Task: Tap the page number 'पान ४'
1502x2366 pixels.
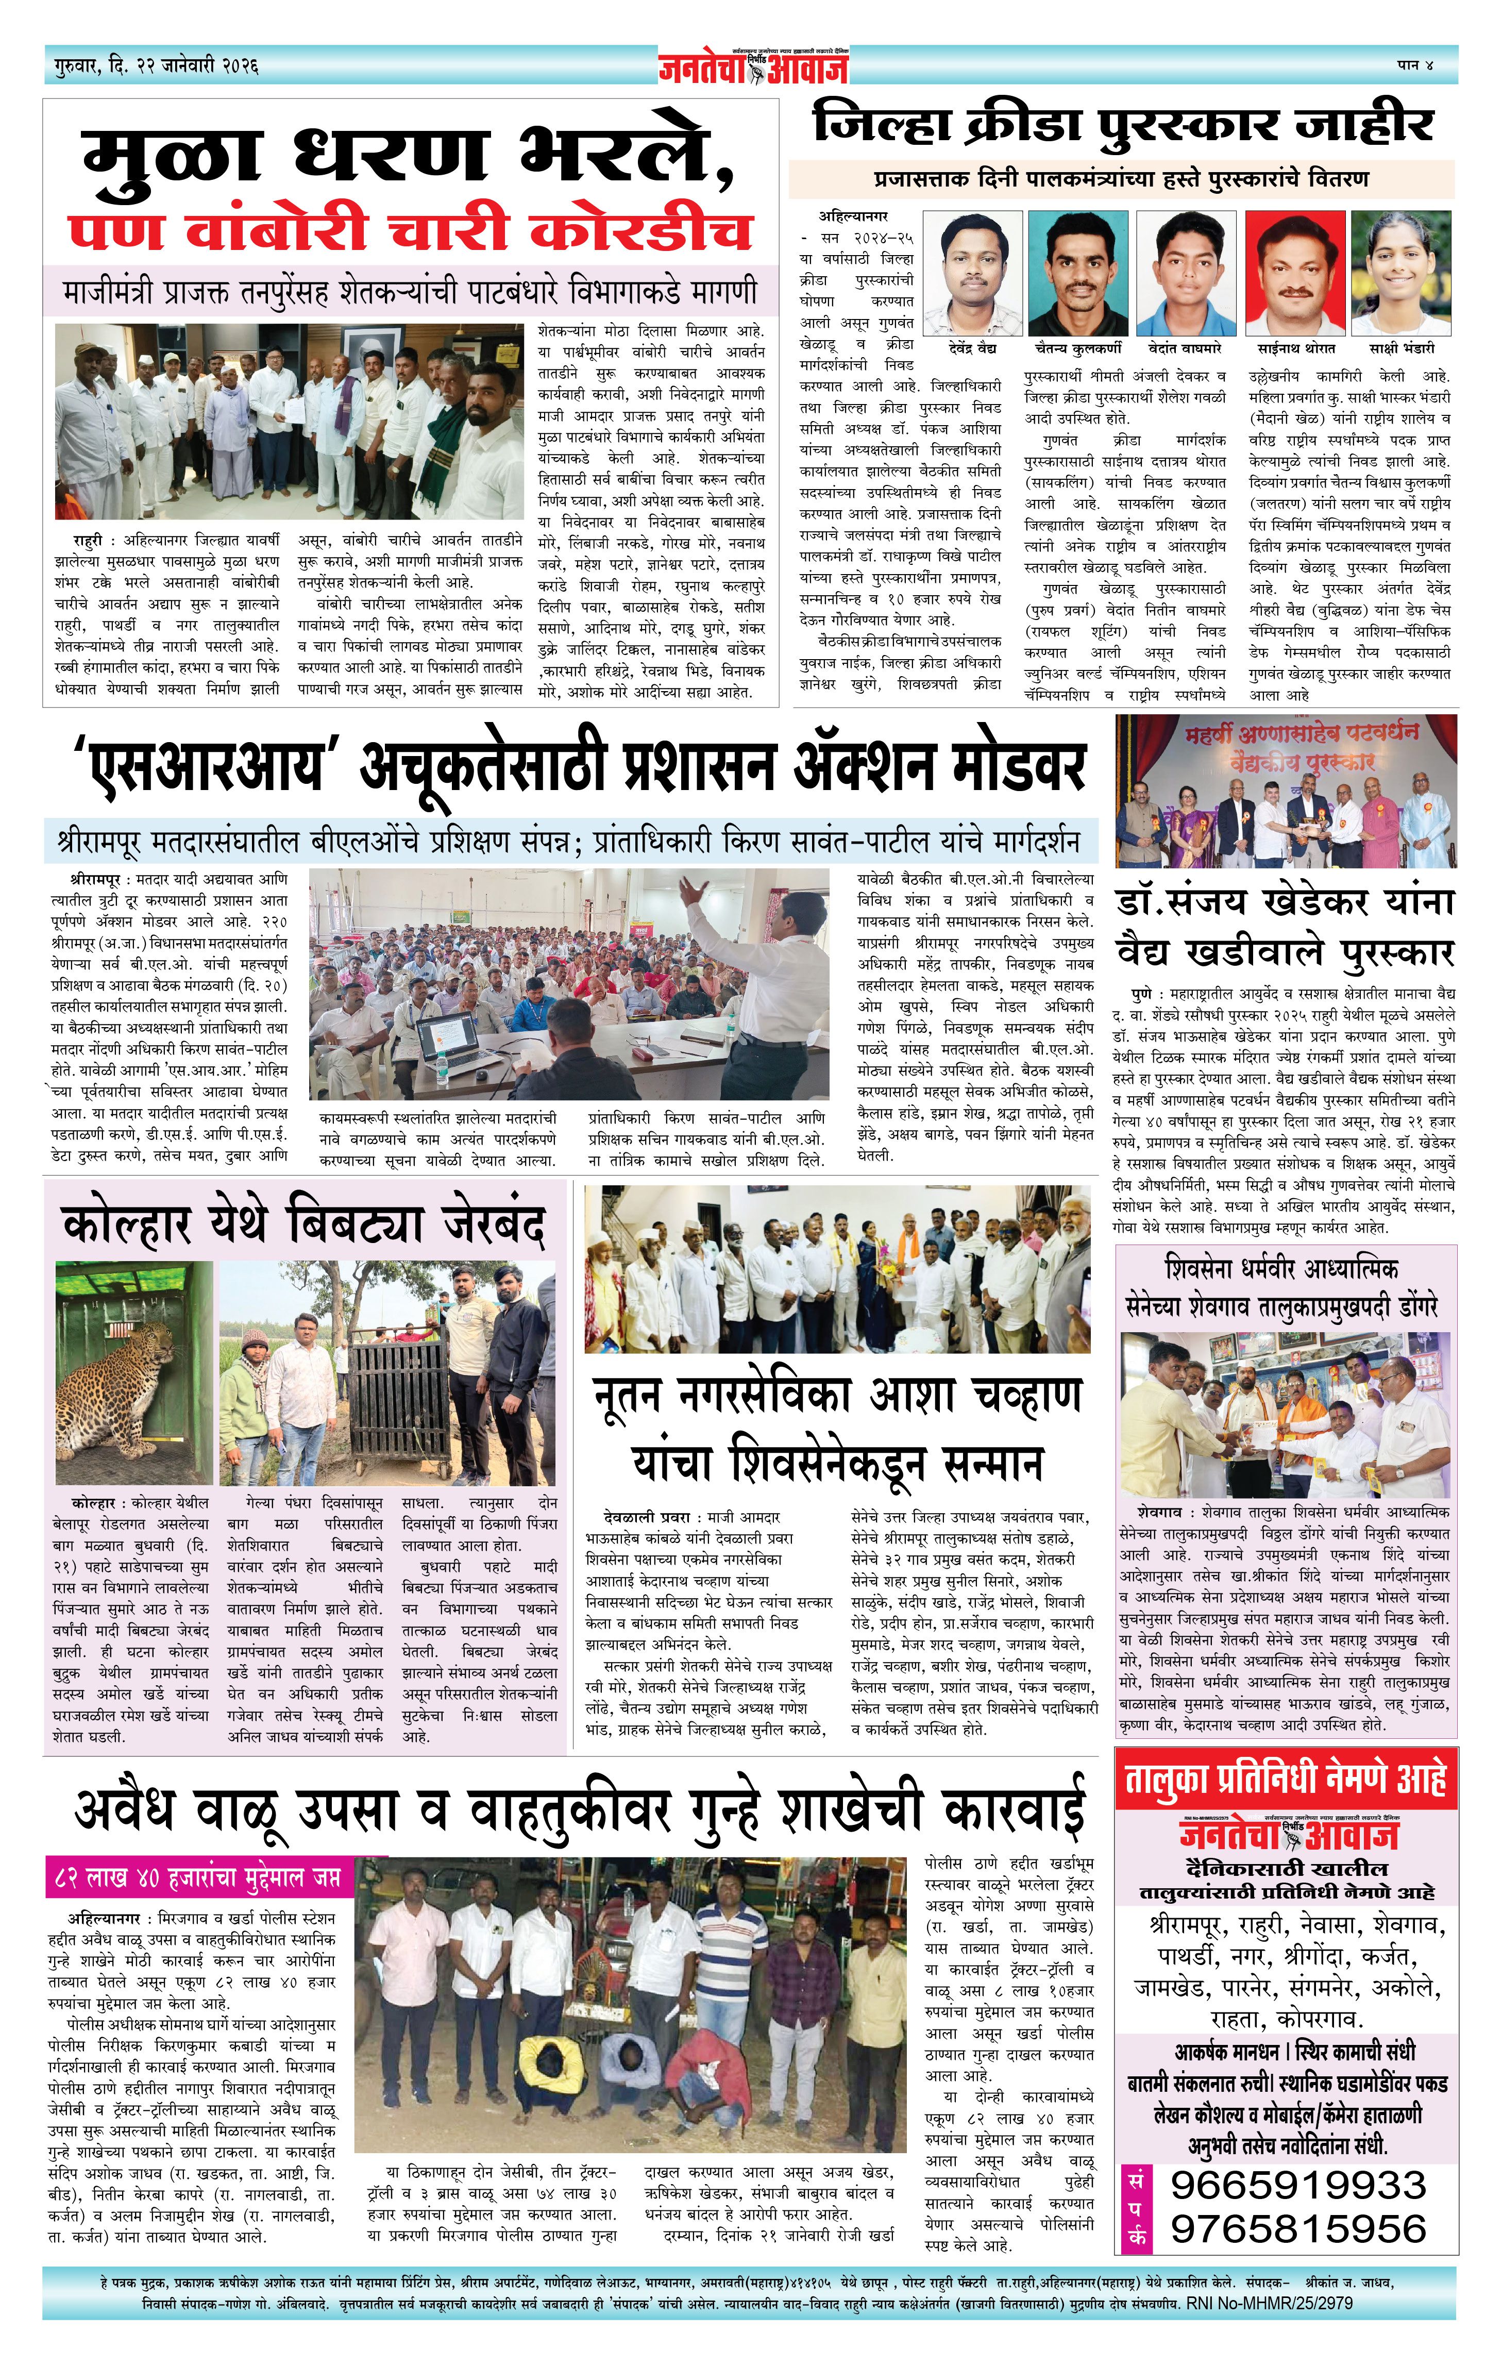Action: coord(1414,65)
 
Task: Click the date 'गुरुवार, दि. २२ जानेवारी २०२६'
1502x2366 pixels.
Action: coord(157,67)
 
